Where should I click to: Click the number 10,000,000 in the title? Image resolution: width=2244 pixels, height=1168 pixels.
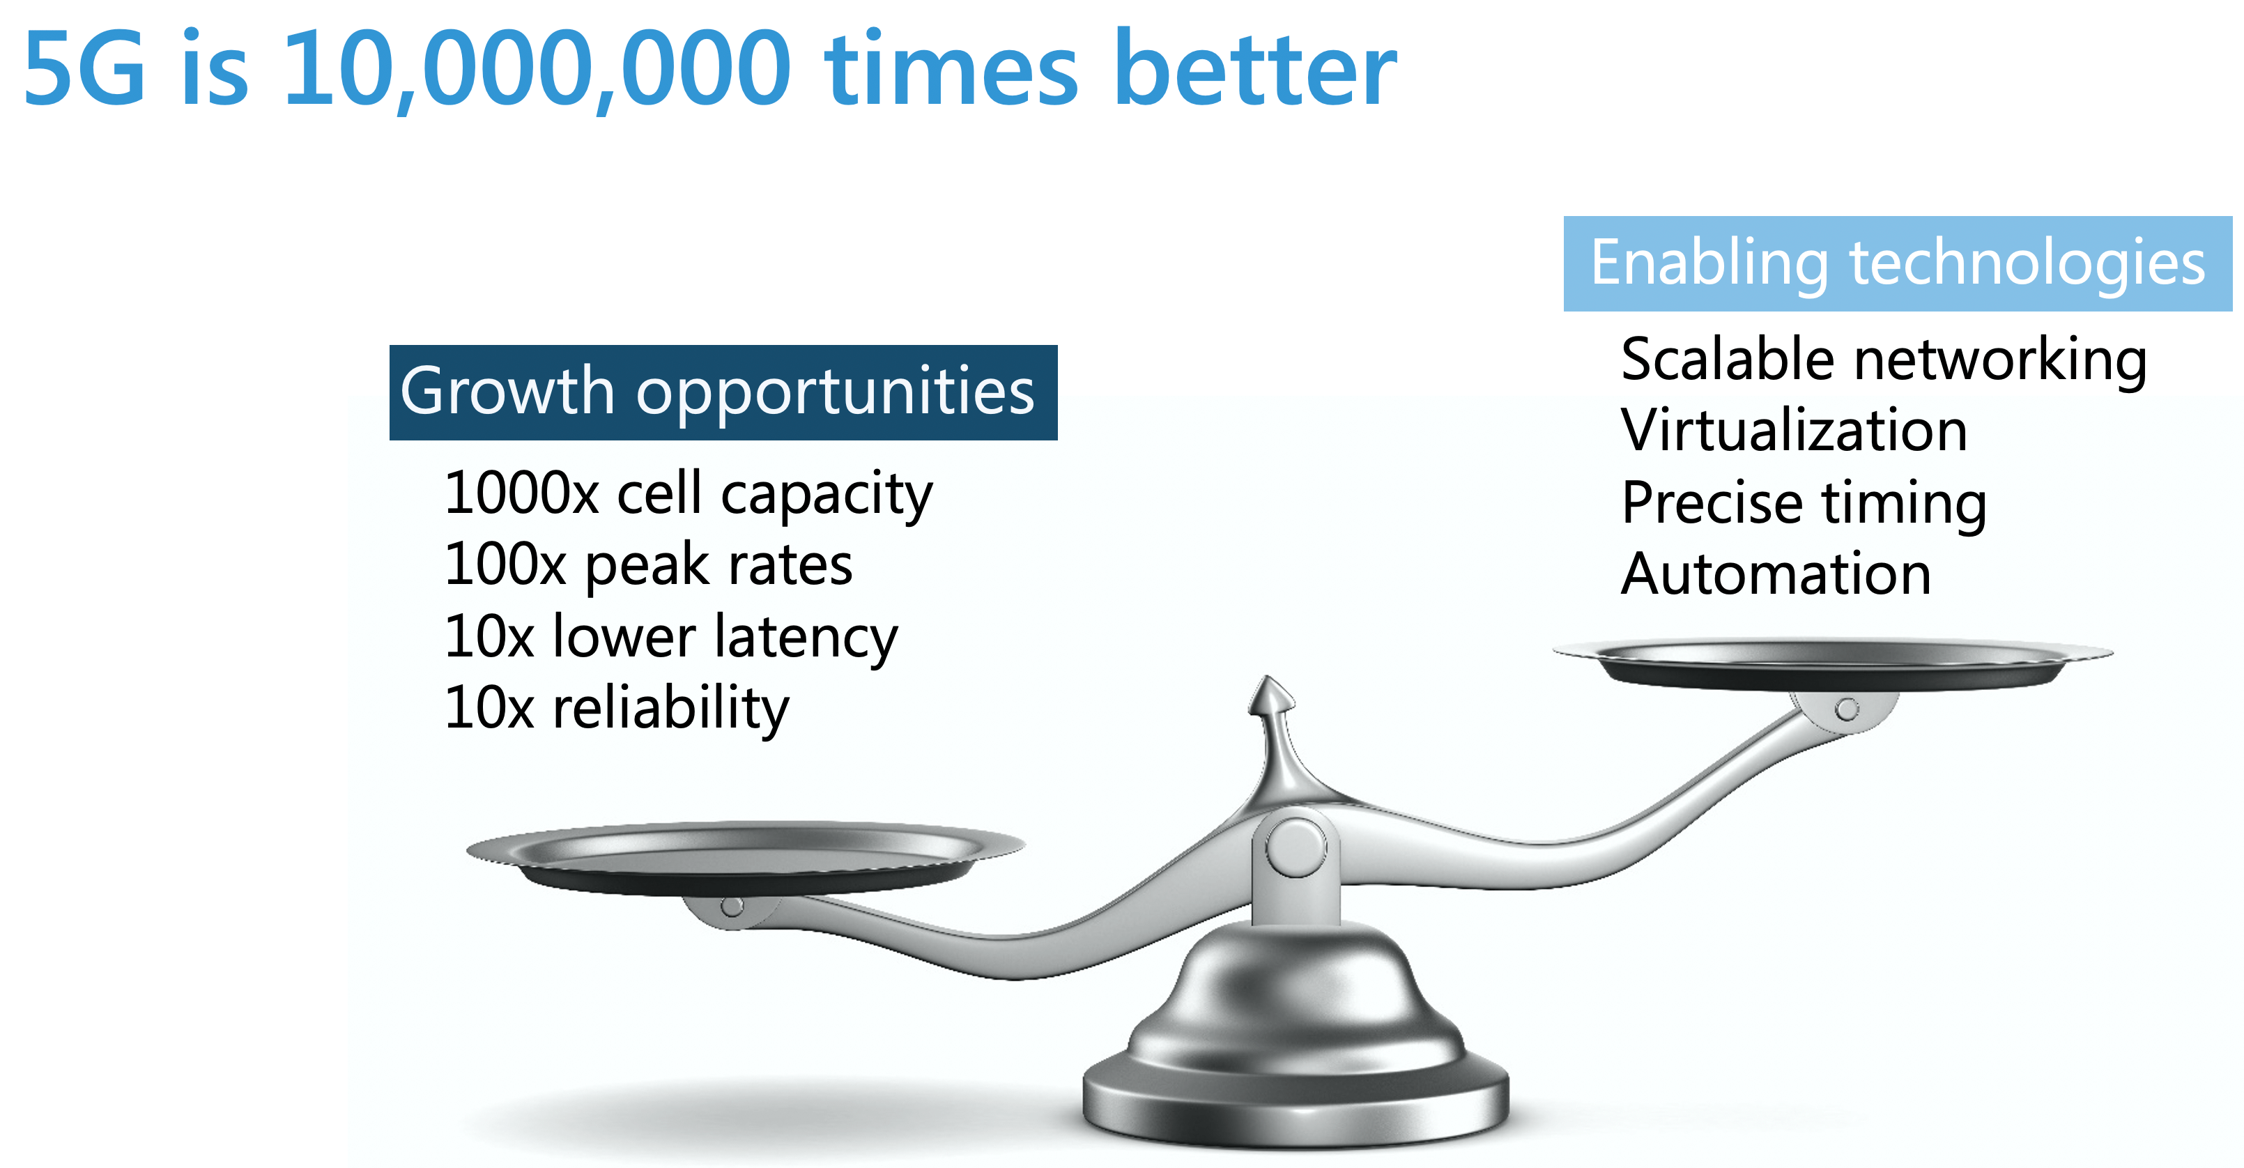537,70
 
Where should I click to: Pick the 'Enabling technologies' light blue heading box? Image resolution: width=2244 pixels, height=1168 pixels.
1897,263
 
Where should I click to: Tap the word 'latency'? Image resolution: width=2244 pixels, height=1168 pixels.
806,638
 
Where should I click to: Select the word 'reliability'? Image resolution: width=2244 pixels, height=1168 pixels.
670,708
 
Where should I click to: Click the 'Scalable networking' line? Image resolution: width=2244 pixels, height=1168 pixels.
1883,360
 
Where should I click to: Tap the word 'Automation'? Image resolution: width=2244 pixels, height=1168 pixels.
1776,574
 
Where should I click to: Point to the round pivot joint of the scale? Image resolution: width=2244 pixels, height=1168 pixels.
1296,847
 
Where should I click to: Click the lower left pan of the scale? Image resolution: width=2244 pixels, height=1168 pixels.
746,857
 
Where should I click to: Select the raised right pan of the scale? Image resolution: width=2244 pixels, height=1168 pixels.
1833,663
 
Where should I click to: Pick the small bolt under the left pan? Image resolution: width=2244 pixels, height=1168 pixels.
732,907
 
